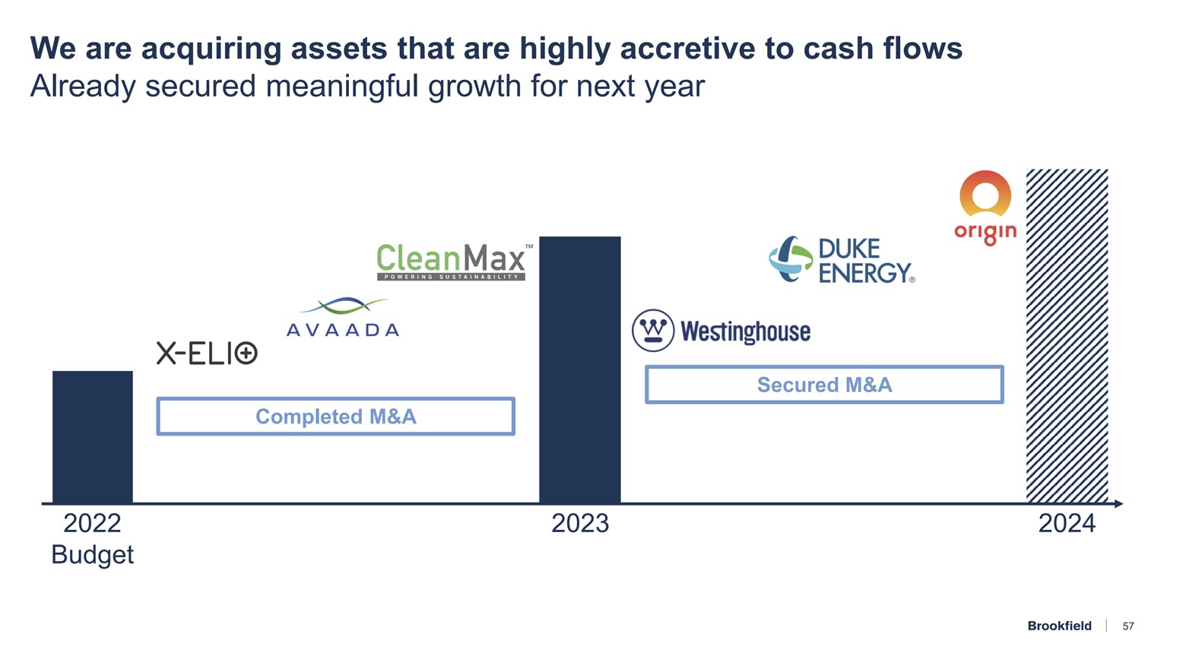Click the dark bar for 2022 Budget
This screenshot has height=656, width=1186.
[93, 436]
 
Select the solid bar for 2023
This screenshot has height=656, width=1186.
[579, 369]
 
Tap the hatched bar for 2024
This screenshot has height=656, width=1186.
[1067, 335]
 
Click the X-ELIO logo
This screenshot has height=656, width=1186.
[207, 353]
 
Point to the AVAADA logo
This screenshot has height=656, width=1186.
[343, 318]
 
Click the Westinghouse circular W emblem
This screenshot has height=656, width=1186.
[653, 331]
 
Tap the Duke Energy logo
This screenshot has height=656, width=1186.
[842, 260]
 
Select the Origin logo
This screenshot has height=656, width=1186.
[985, 207]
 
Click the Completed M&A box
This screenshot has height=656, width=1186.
[335, 417]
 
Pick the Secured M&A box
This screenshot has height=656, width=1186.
[824, 385]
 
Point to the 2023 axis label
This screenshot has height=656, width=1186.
[580, 524]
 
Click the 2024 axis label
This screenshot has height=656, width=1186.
[1067, 524]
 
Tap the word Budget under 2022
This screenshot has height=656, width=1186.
[92, 555]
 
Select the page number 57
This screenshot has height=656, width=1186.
[1128, 626]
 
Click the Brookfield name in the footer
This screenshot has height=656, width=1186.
[1059, 626]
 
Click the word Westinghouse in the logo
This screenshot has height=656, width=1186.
[745, 332]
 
